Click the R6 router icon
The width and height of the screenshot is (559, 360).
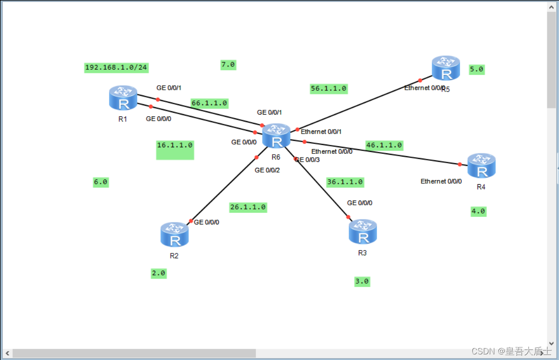276,136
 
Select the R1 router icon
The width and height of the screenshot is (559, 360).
123,98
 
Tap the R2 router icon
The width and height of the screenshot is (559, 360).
174,235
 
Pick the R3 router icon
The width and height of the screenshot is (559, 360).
363,232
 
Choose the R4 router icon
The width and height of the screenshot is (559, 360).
481,166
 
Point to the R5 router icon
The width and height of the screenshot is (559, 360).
446,68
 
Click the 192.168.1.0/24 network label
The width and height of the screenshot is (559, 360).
116,68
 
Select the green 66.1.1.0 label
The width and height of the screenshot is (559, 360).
209,103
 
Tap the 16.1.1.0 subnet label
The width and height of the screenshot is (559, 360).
175,145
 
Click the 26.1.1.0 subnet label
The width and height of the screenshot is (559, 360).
248,207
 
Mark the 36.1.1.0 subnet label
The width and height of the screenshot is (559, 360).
345,182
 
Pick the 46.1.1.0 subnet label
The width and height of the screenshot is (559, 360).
384,145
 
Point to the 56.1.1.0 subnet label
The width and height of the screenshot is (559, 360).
328,88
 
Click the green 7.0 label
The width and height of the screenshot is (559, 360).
228,65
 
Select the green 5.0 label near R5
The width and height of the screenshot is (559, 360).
477,70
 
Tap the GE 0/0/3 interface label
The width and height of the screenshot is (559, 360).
307,160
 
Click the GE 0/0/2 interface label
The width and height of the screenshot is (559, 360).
267,170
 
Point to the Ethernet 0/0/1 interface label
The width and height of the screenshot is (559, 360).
321,132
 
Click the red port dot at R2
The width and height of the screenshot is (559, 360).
190,221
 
